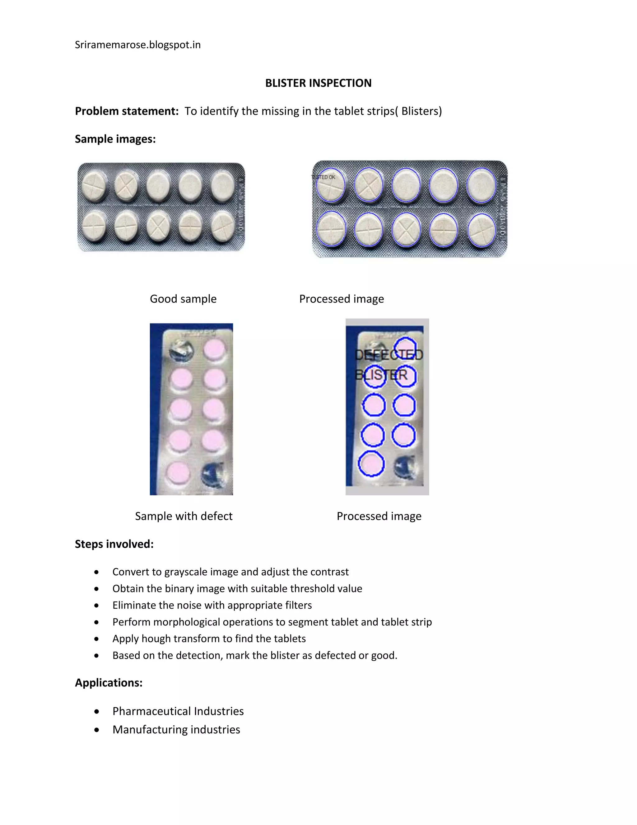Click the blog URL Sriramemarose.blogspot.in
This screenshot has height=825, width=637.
coord(137,45)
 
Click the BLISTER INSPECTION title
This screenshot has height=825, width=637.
coord(318,83)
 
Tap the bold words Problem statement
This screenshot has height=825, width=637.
coord(126,111)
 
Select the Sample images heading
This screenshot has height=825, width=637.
coord(115,139)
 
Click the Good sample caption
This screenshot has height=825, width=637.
coord(183,299)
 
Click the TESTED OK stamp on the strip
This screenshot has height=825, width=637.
coord(323,177)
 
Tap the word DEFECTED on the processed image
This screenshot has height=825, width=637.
coord(389,355)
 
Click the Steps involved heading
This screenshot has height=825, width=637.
coord(114,544)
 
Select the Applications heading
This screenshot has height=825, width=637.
coord(109,683)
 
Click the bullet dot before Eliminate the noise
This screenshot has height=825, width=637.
coord(97,606)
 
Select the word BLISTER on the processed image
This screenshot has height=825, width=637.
coord(381,375)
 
